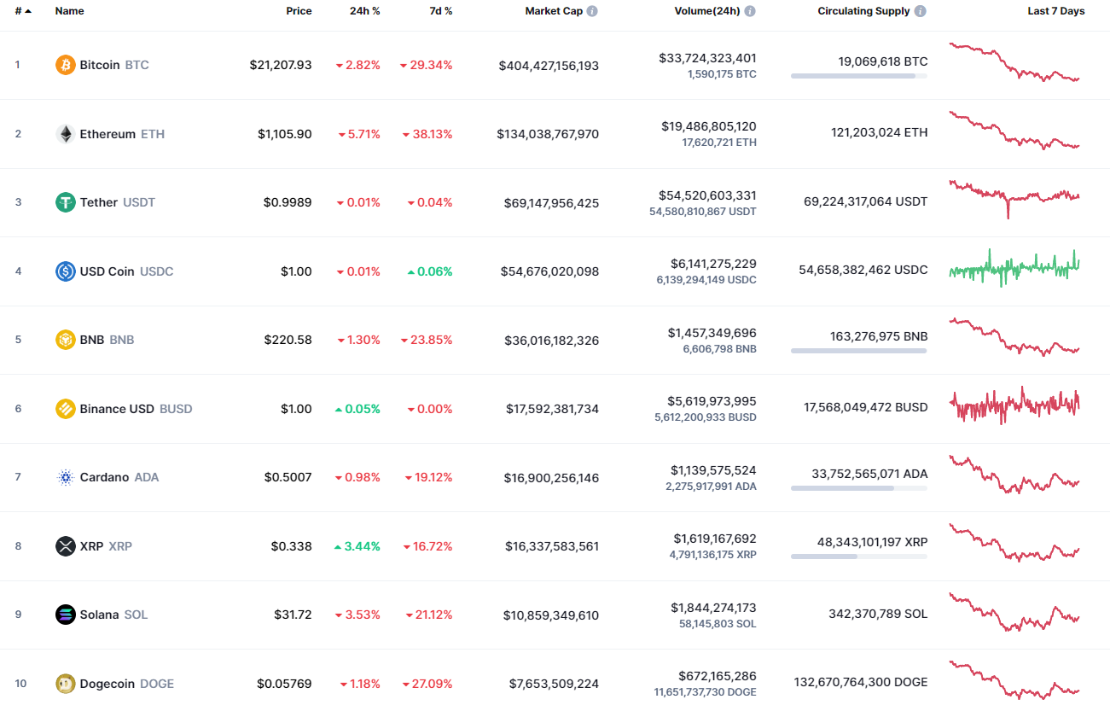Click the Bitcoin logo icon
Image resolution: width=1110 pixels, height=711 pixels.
coord(65,65)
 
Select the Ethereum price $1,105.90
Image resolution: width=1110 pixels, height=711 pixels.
coord(284,134)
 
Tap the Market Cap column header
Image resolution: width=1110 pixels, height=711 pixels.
coord(554,11)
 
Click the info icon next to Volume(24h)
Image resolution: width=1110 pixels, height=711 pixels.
coord(750,11)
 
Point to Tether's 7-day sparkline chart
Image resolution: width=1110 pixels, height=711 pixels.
coord(1014,198)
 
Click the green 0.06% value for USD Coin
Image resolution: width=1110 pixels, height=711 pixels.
coord(430,271)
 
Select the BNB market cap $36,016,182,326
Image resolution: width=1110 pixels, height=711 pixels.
coord(551,340)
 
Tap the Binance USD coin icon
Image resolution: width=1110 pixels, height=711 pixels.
coord(65,409)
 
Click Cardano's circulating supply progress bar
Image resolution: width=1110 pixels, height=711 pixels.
coord(859,488)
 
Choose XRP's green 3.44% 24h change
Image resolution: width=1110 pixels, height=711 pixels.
coord(357,546)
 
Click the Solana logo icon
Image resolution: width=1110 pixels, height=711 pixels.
coord(65,615)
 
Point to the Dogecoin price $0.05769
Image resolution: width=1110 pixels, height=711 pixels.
coord(284,684)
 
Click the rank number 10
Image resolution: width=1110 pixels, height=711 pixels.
coord(20,683)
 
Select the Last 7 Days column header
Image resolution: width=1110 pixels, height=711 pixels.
coord(1056,11)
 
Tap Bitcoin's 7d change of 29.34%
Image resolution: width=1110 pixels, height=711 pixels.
coord(426,65)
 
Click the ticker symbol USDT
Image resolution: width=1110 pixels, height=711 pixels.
coord(139,202)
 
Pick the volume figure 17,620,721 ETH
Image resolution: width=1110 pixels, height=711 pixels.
coord(719,143)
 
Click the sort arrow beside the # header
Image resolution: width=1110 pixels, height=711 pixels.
coord(28,11)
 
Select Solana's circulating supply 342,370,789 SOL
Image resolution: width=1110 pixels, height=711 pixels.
coord(878,614)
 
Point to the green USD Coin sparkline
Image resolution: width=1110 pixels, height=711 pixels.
coord(1014,268)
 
